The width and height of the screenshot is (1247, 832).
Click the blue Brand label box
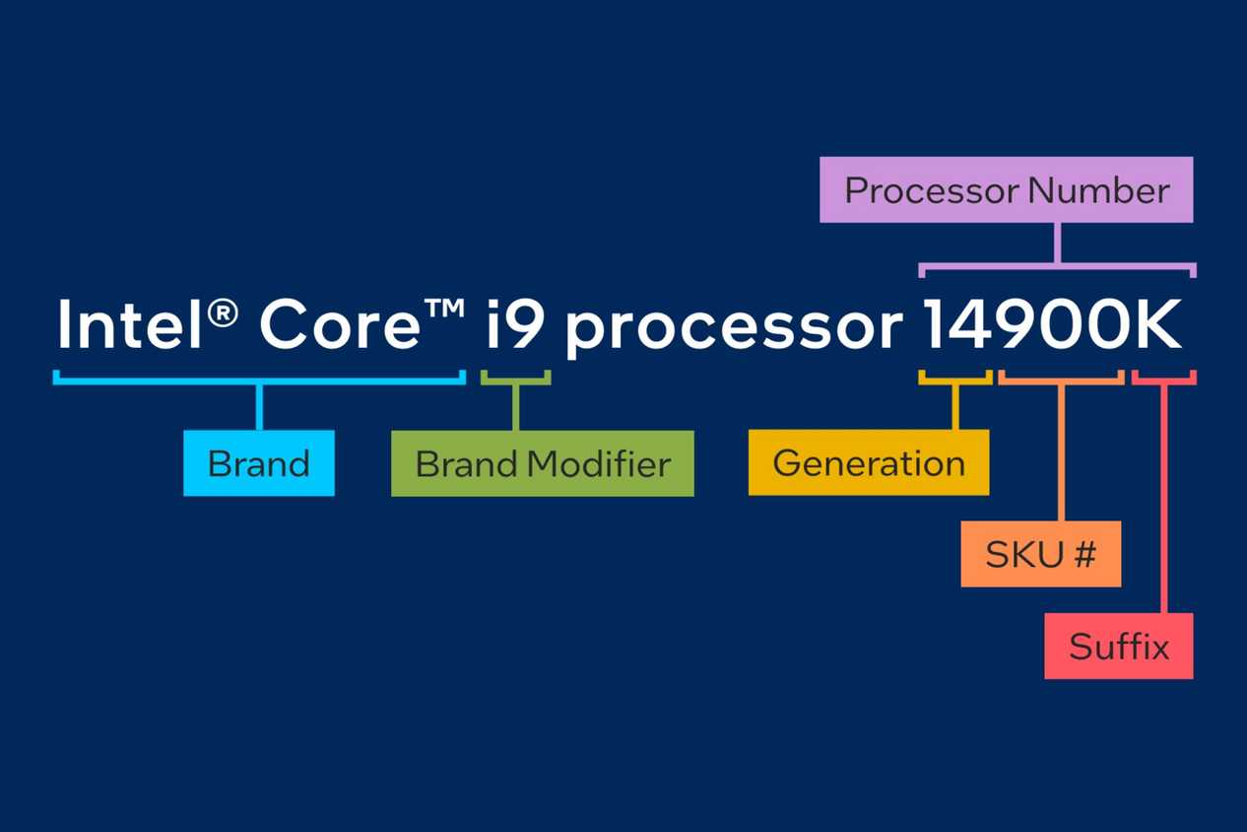tap(259, 462)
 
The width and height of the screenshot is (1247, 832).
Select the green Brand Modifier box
tap(542, 462)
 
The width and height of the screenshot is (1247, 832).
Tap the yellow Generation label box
tap(868, 462)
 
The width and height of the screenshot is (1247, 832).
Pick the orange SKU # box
tap(1040, 554)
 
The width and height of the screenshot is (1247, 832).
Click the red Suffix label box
tap(1118, 647)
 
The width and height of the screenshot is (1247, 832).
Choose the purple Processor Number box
tap(1006, 189)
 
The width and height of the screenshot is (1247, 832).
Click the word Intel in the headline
tap(132, 325)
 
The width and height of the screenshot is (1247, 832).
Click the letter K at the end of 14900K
tap(1158, 325)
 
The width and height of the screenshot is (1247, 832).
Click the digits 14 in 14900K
tap(956, 325)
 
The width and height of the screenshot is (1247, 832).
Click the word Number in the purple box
tap(1098, 190)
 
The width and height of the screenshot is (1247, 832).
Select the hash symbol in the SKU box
tap(1084, 554)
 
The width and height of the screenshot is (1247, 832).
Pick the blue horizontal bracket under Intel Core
tap(259, 379)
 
